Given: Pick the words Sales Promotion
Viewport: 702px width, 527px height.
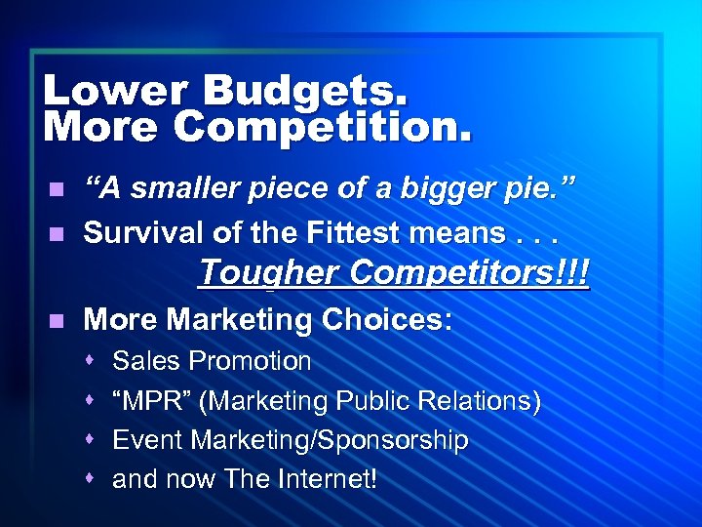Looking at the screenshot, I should [212, 361].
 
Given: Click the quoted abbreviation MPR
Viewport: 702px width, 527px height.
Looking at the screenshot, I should [147, 401].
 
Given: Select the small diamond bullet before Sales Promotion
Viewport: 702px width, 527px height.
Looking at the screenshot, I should [89, 361].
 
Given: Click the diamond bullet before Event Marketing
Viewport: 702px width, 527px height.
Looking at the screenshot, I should [89, 441].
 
